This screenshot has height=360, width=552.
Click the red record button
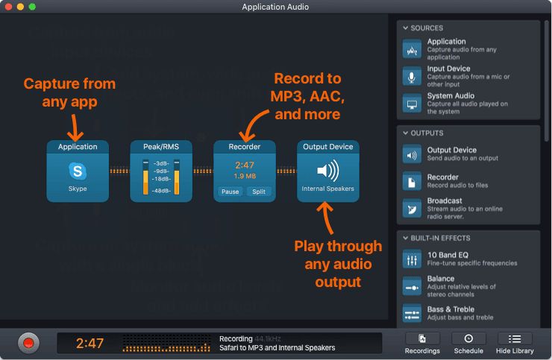[x=28, y=343]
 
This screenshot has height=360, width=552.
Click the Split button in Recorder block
[x=259, y=192]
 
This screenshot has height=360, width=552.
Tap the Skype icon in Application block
[x=78, y=171]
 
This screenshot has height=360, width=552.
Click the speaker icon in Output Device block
[x=327, y=171]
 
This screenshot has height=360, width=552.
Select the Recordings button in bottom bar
[x=422, y=343]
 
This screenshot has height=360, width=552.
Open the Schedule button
[x=468, y=343]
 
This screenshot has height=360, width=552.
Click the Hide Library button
[x=515, y=343]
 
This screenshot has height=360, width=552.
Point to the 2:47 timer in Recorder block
[x=245, y=165]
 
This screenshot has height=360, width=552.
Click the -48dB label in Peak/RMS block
[x=161, y=191]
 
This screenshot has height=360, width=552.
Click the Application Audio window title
[x=275, y=7]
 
